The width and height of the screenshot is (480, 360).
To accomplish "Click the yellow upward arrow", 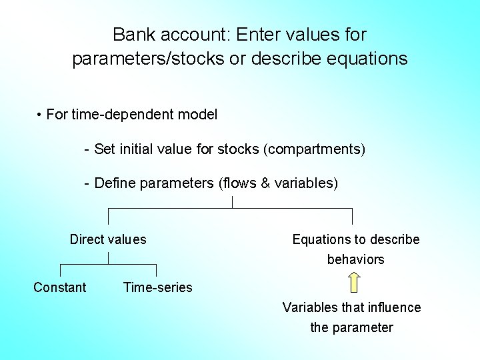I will click(355, 283).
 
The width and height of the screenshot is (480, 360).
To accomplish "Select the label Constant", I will click(60, 287).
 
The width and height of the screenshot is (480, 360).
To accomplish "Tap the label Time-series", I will click(157, 287).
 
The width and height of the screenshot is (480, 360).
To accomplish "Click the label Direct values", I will click(108, 239).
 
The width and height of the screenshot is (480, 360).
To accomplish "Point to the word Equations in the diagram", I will click(321, 239).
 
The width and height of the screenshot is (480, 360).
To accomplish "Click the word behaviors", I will click(355, 259).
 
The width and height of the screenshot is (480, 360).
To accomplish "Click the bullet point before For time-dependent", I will click(41, 115).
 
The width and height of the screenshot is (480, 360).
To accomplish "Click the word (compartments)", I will click(315, 149).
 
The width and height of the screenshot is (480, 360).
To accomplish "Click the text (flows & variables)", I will click(278, 183).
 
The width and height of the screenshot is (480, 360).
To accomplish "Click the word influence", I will click(394, 307).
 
